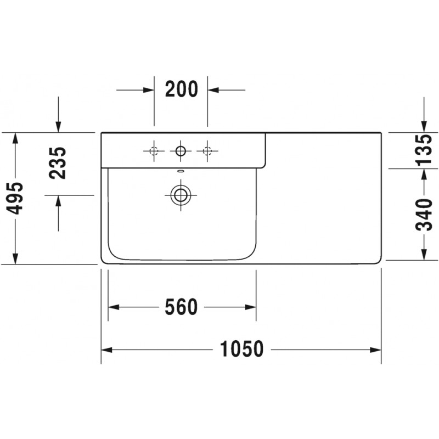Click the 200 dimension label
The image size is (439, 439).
pyautogui.click(x=182, y=89)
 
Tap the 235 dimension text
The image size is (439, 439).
pyautogui.click(x=58, y=162)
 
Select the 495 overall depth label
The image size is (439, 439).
pyautogui.click(x=15, y=198)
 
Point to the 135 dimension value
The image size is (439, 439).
pyautogui.click(x=424, y=150)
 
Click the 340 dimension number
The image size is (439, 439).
pyautogui.click(x=424, y=215)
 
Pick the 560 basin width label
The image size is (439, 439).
pyautogui.click(x=181, y=307)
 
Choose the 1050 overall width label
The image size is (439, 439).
pyautogui.click(x=241, y=349)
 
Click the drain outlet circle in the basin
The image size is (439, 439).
pyautogui.click(x=181, y=195)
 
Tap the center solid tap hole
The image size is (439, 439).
pyautogui.click(x=181, y=151)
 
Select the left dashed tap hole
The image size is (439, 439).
pyautogui.click(x=154, y=151)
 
